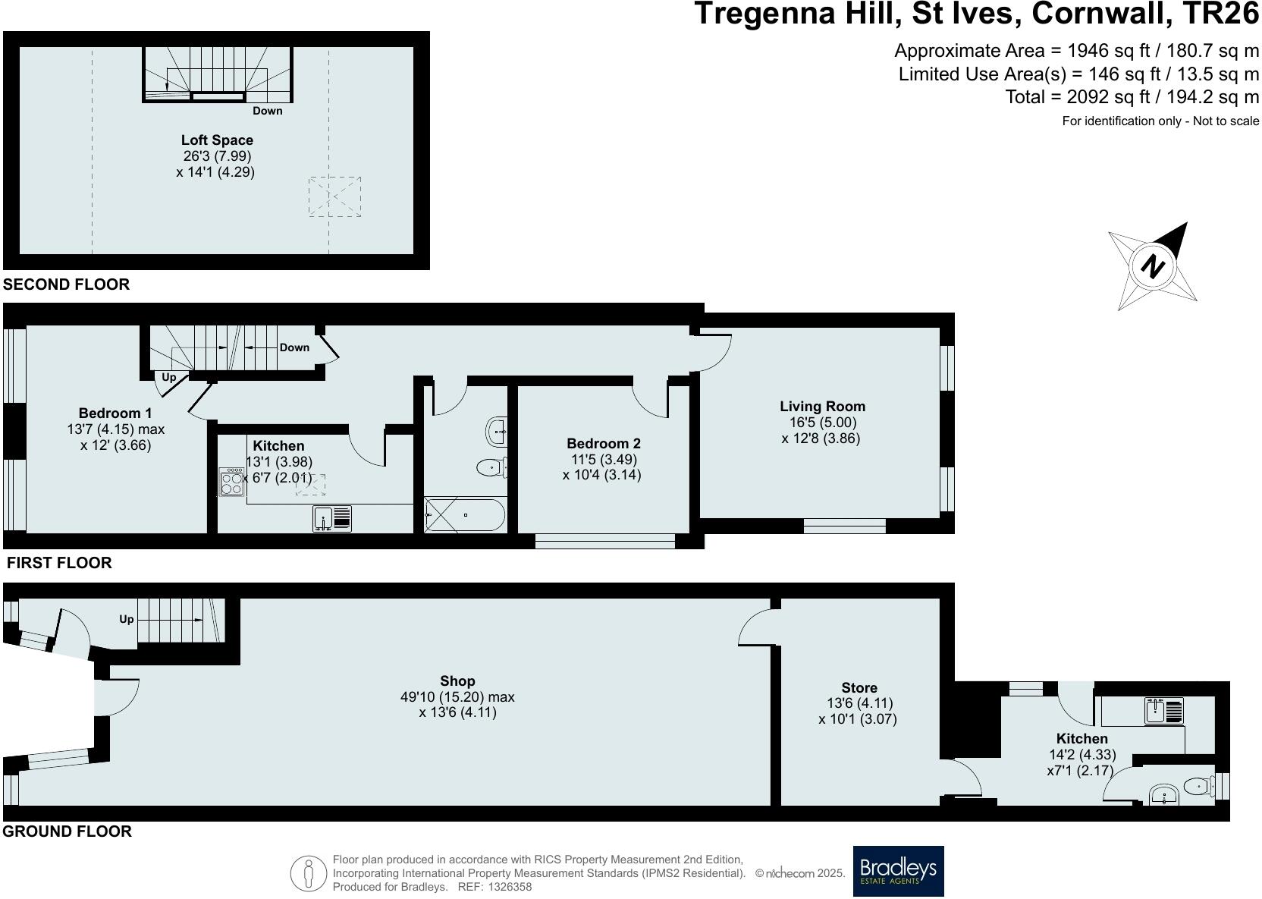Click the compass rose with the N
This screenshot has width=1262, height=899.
pyautogui.click(x=1153, y=266)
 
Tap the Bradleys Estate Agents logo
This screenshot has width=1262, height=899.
pyautogui.click(x=898, y=871)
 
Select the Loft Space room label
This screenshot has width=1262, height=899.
pyautogui.click(x=217, y=140)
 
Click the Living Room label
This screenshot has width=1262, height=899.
pyautogui.click(x=822, y=407)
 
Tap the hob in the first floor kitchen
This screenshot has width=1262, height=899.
pyautogui.click(x=231, y=483)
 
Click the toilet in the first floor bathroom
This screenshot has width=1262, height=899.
pyautogui.click(x=492, y=468)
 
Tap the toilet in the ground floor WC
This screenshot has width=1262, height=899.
pyautogui.click(x=1197, y=787)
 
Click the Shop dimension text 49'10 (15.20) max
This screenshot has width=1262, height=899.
pyautogui.click(x=457, y=697)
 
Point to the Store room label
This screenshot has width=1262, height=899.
pyautogui.click(x=859, y=688)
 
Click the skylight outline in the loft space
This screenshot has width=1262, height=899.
pyautogui.click(x=334, y=196)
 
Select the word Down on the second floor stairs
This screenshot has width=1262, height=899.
pyautogui.click(x=267, y=111)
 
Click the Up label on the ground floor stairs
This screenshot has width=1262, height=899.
pyautogui.click(x=126, y=619)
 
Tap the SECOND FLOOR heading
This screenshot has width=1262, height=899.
pyautogui.click(x=66, y=284)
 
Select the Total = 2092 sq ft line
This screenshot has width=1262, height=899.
pyautogui.click(x=1132, y=97)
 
